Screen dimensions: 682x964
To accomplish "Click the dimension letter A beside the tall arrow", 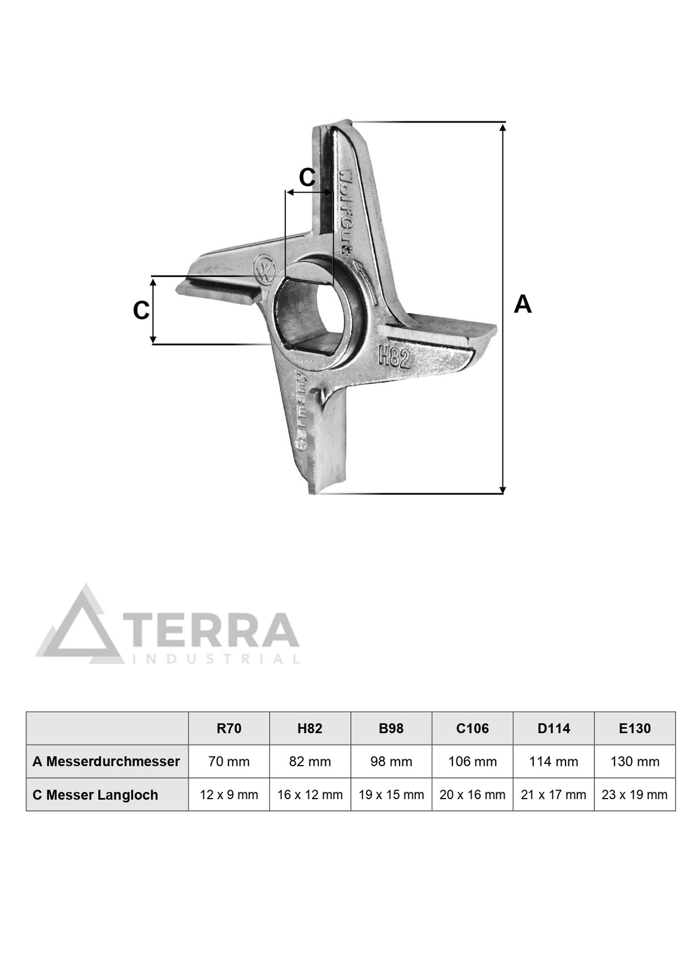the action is (522, 304).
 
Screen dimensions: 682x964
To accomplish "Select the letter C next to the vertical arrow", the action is (141, 310).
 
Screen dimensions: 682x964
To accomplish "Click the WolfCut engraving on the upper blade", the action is (346, 211).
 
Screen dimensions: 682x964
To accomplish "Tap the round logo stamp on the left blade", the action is (265, 270).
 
